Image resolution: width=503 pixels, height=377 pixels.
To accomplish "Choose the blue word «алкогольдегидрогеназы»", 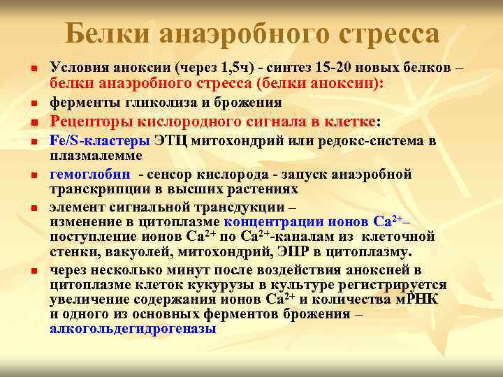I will (x=133, y=328).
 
